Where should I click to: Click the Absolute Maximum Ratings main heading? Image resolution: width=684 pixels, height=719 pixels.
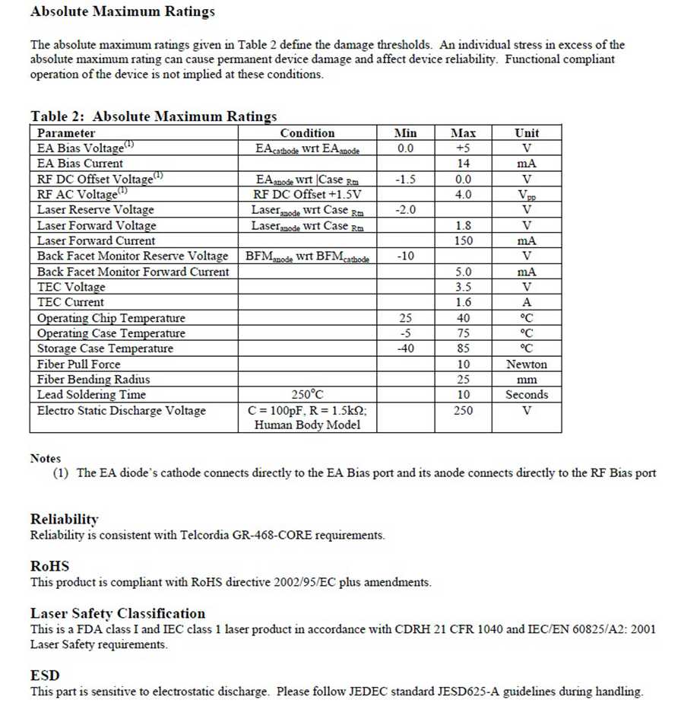pos(122,12)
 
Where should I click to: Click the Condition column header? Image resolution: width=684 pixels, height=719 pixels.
pos(307,133)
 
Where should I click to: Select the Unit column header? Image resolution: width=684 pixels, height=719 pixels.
pos(527,133)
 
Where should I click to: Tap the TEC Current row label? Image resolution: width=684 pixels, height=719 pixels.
pos(71,302)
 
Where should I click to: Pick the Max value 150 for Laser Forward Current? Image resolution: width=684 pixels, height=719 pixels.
pos(463,240)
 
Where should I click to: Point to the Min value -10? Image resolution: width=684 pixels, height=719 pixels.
pos(405,256)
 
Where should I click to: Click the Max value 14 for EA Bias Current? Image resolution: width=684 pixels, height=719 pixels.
pos(463,164)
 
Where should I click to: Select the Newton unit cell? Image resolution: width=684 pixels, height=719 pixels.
pos(527,364)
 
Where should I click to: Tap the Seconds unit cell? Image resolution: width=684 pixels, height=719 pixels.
pos(527,395)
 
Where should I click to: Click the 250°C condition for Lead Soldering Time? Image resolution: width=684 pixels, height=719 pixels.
pos(307,395)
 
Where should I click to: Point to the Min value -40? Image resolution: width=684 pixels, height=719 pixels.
pos(405,348)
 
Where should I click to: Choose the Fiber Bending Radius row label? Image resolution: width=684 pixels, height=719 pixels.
pos(93,380)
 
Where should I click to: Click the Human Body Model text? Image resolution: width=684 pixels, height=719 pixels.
pos(307,425)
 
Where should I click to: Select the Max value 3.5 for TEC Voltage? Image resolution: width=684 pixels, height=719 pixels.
pos(463,287)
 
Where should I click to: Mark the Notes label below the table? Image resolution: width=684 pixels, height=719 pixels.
pos(46,458)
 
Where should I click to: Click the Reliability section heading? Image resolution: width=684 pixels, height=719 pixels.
pos(65,519)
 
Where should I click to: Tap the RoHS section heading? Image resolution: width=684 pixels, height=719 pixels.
pos(50,566)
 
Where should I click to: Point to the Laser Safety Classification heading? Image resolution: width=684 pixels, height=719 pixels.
pos(118,613)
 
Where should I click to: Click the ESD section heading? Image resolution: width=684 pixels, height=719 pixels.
pos(45,676)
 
